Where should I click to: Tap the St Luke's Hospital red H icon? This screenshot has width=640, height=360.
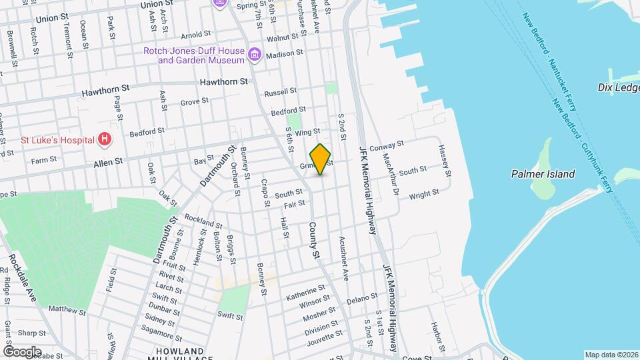(104, 139)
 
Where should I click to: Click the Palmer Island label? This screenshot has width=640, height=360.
(543, 174)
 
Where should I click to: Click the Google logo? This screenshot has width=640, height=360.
(22, 351)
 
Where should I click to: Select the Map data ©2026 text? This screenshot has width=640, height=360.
(611, 355)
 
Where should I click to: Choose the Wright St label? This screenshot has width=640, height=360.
(424, 194)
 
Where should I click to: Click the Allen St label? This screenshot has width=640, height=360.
(108, 161)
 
